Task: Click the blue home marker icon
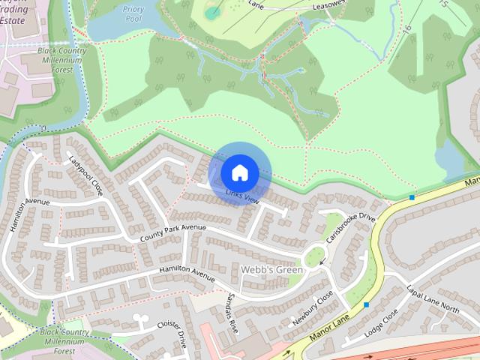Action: point(239,173)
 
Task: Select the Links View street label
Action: point(242,196)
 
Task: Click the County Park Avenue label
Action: point(172,232)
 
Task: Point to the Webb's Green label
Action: point(272,270)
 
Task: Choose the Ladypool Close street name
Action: point(85,175)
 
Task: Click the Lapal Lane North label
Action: point(433,298)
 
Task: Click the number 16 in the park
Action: point(407,29)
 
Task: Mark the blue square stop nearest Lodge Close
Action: point(366,304)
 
